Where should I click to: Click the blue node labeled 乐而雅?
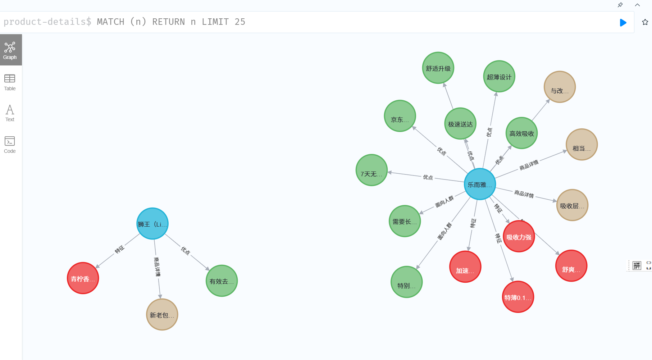tap(480, 184)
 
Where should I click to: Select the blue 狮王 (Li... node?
tap(152, 224)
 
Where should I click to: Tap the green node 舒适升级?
tap(438, 68)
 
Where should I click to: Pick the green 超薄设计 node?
tap(499, 77)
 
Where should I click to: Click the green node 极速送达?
tap(460, 124)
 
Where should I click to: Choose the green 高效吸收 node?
tap(521, 133)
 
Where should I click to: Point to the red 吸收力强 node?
tap(519, 237)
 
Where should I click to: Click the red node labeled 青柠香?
tap(83, 278)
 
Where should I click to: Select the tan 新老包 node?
tap(162, 315)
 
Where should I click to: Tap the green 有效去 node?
tap(222, 281)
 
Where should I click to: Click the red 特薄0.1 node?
tap(518, 297)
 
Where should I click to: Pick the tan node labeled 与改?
tap(560, 87)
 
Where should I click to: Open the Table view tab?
tap(10, 82)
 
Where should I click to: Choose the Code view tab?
tap(10, 145)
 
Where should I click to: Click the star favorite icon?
tap(645, 22)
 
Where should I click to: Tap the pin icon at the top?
tap(620, 5)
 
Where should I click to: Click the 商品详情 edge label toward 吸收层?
tap(524, 194)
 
